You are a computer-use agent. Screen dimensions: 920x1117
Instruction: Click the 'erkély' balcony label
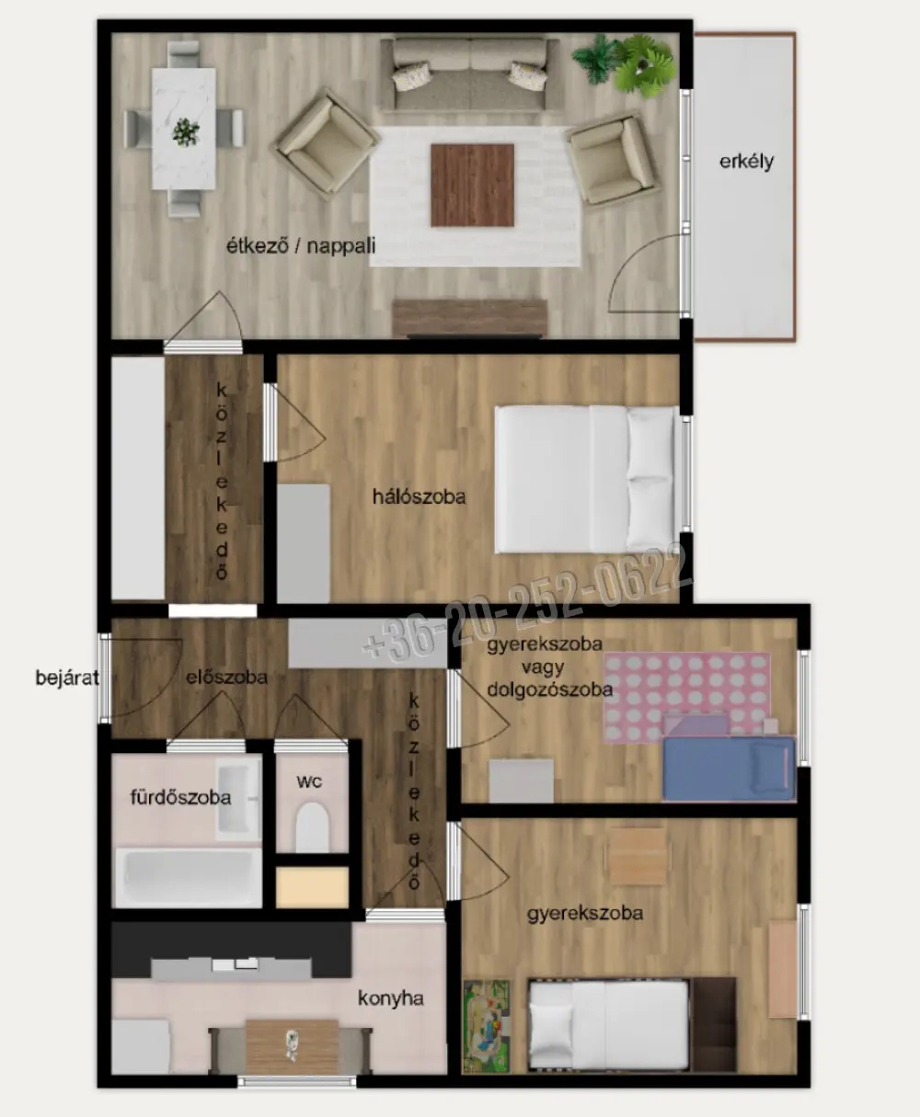[746, 162]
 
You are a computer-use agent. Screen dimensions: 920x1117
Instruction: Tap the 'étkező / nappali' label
[301, 245]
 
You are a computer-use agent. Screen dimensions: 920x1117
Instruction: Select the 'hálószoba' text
[420, 496]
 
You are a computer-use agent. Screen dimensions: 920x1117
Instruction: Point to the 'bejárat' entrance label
[67, 678]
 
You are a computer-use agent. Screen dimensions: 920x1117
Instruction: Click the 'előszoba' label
[227, 677]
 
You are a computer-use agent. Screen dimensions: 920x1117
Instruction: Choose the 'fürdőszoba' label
[180, 797]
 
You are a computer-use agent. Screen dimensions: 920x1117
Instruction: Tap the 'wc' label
[309, 781]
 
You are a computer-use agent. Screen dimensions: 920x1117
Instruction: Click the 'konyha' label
[391, 998]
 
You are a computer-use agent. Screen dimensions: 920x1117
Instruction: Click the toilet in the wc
[313, 827]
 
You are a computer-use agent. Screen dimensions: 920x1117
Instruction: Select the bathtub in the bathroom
[188, 878]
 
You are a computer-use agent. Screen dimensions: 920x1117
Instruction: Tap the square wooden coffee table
[472, 186]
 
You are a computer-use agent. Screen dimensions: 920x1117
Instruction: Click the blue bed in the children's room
[729, 768]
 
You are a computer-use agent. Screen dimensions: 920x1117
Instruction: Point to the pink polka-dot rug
[687, 697]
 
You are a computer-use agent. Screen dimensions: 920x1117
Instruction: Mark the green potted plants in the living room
[626, 64]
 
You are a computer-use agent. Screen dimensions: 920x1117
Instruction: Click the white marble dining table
[184, 129]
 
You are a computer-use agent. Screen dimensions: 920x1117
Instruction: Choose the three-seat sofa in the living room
[470, 74]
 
